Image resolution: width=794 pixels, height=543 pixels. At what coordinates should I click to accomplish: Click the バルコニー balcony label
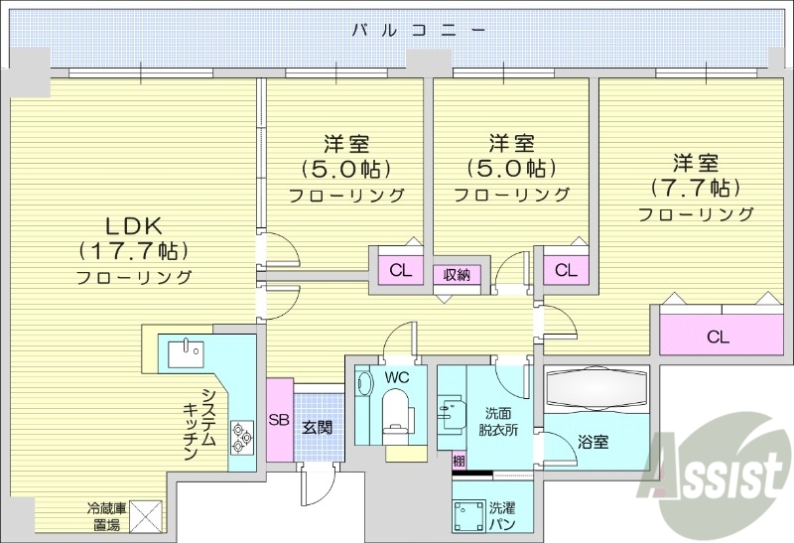pos(419,30)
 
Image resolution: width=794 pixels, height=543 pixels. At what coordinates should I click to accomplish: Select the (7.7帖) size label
pos(695,188)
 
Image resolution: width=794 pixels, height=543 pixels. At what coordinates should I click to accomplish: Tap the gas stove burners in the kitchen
pos(241,433)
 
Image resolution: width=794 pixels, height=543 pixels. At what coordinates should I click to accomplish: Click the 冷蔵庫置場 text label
pos(103,515)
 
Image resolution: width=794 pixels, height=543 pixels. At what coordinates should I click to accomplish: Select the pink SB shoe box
pos(279,420)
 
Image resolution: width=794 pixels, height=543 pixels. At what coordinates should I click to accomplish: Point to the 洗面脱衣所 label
pos(498,420)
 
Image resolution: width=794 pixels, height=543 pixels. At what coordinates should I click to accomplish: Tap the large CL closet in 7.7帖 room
pos(718,337)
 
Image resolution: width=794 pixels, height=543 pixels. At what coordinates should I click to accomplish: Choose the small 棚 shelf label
pos(458,461)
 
